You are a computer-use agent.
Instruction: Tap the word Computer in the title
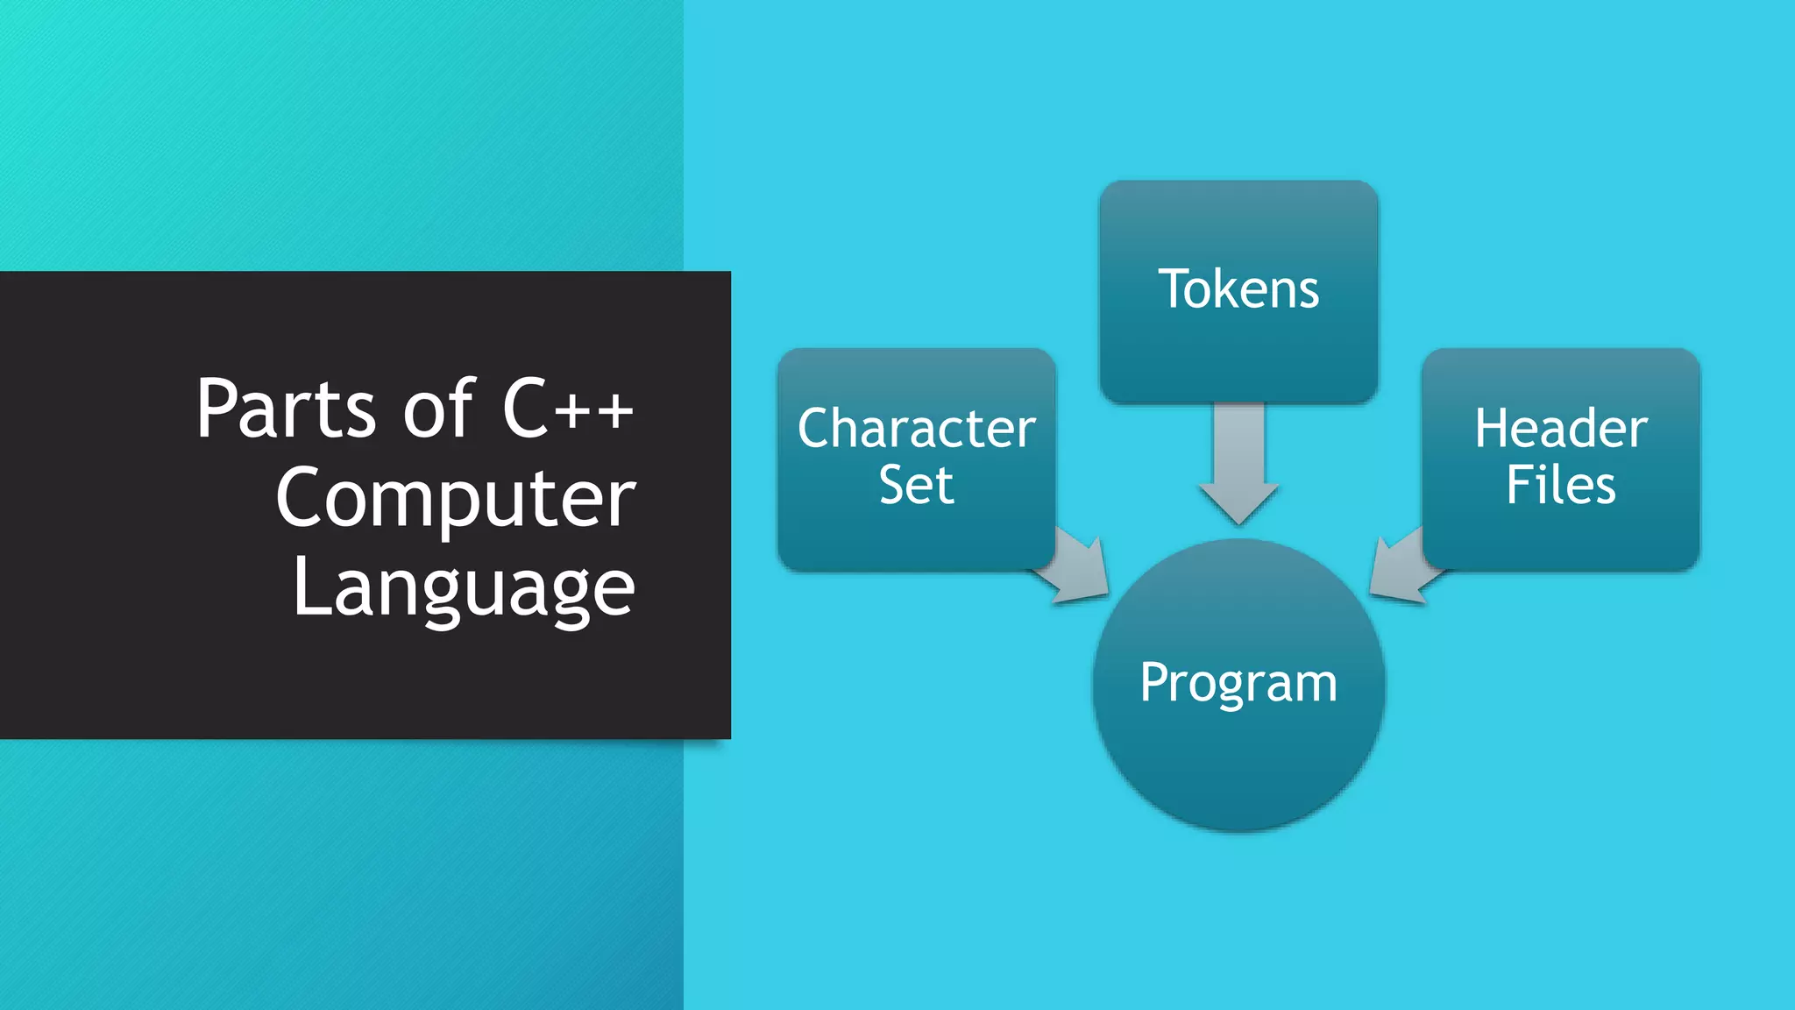456,499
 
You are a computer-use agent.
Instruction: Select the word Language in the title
464,588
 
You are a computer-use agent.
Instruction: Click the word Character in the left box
917,429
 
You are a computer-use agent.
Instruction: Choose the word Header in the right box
1561,429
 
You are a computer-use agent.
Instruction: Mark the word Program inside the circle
1238,683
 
